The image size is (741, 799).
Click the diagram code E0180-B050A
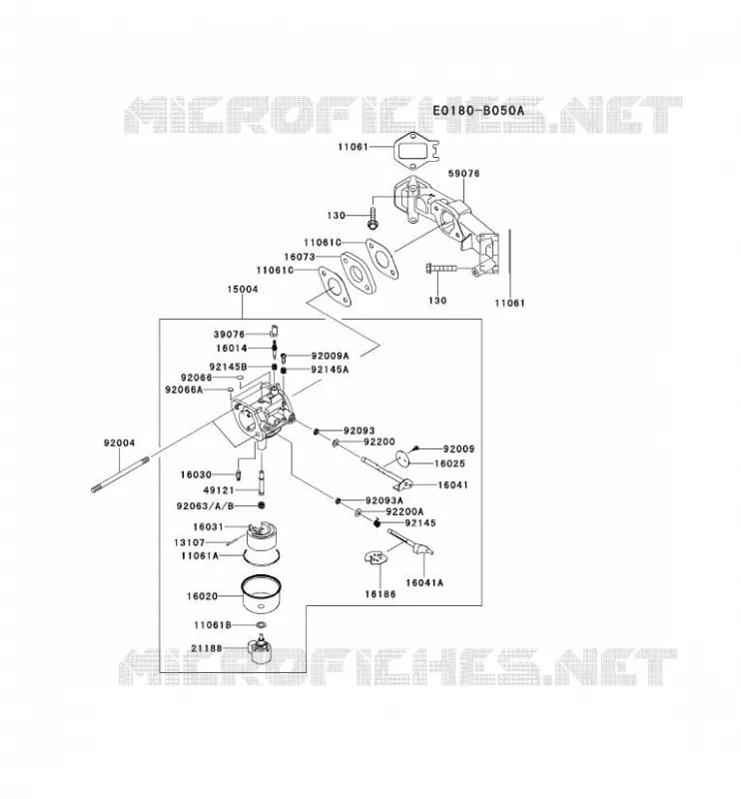[x=478, y=111]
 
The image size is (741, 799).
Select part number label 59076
[x=463, y=173]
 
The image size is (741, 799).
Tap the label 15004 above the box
[x=243, y=289]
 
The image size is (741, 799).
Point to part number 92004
[x=119, y=442]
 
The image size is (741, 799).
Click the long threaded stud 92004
[x=120, y=474]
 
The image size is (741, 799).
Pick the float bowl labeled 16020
[x=260, y=594]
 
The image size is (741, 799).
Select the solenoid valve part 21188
[x=260, y=651]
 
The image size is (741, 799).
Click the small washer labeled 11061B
[x=261, y=625]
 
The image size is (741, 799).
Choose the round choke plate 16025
[x=402, y=457]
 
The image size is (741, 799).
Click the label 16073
[x=300, y=257]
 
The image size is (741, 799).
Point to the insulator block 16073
[x=359, y=273]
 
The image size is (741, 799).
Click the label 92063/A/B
[x=206, y=506]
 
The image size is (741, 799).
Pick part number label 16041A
[x=424, y=582]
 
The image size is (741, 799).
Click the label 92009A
[x=331, y=356]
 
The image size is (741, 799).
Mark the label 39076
[x=230, y=335]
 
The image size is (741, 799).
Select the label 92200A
[x=404, y=511]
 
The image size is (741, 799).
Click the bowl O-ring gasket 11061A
[x=261, y=556]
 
